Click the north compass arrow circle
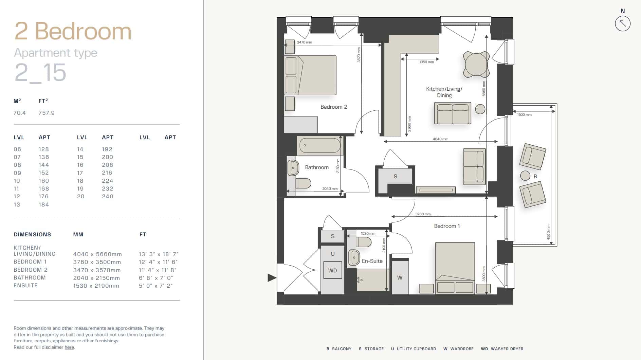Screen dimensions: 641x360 coord(622,24)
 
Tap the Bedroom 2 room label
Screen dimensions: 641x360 coord(334,107)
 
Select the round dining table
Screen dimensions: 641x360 coord(476,64)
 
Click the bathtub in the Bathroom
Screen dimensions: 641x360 coord(320,145)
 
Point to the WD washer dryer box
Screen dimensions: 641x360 coord(332,270)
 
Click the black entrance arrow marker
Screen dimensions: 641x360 coord(272,278)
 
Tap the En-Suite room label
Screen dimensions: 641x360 coord(372,261)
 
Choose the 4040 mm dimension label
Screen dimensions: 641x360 coord(440,139)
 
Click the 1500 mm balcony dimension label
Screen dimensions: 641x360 coord(524,115)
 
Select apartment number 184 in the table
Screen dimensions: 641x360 coord(44,204)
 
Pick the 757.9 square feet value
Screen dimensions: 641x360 coord(47,113)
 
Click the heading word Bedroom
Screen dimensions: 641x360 coord(83,31)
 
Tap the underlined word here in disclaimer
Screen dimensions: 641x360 coord(69,347)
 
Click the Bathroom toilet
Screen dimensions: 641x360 coord(303,183)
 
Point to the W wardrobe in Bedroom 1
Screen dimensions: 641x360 coord(400,277)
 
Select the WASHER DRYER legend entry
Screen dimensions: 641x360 coord(502,349)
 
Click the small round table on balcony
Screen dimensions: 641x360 coord(525,176)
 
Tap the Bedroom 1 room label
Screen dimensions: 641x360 coord(447,226)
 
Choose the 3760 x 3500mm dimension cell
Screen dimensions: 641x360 coord(97,262)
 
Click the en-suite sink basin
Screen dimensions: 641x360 coord(354,257)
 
